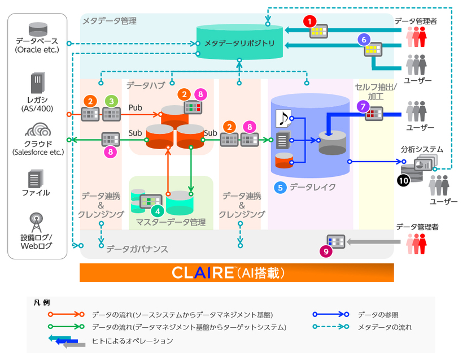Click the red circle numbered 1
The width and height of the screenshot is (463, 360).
[309, 21]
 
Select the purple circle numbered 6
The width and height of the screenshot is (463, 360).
[364, 40]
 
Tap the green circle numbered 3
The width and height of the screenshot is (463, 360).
[112, 101]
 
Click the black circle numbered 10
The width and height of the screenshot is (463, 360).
[403, 181]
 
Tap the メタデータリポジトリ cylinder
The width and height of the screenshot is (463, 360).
[240, 42]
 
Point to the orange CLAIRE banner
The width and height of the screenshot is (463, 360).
[236, 272]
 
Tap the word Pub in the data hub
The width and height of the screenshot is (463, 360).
[136, 107]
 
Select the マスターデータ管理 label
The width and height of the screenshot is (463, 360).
[171, 222]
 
